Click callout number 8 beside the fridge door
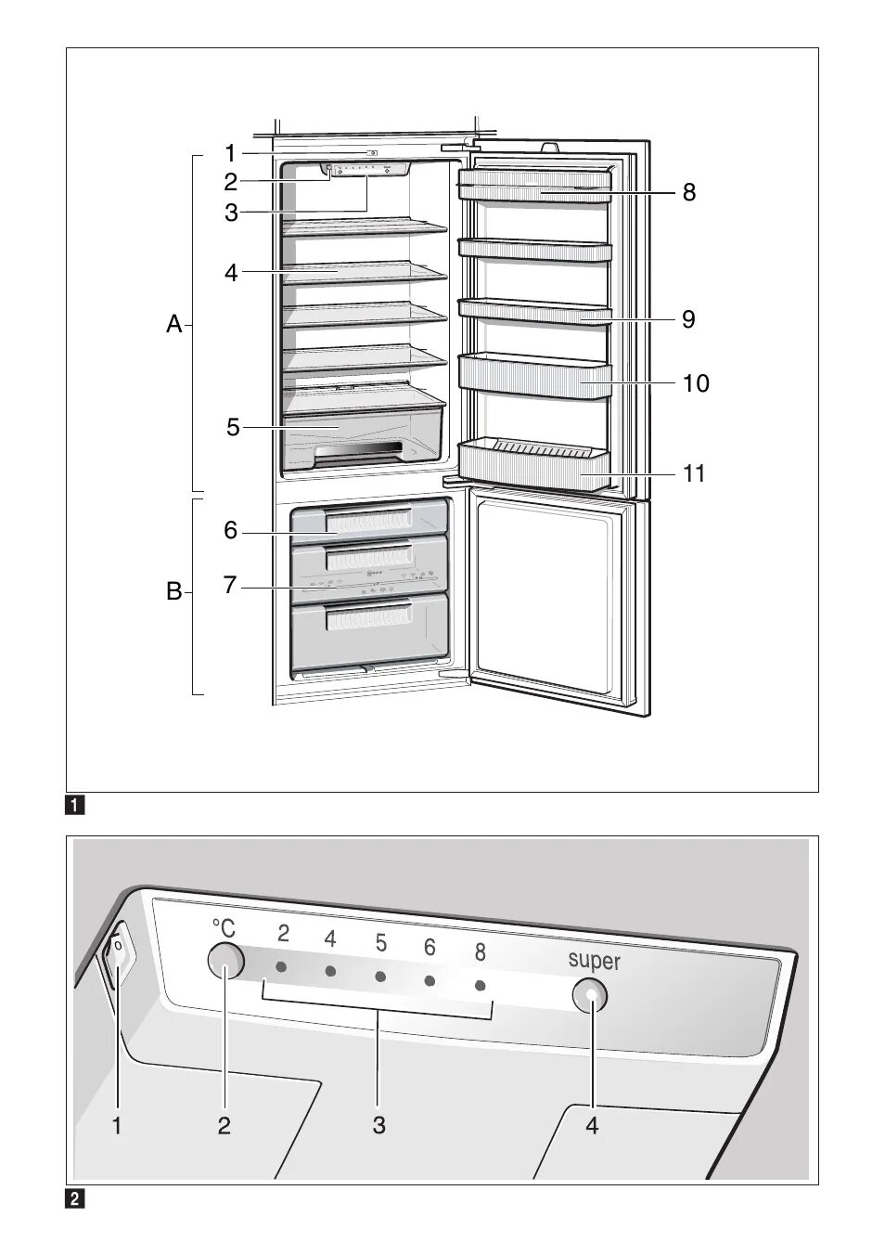(688, 192)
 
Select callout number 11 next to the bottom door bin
(694, 473)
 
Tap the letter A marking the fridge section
(173, 325)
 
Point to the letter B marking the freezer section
(173, 591)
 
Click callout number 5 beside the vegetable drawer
(233, 428)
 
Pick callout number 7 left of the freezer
(230, 586)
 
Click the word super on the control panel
(594, 961)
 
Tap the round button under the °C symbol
(225, 961)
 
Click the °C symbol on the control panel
(224, 927)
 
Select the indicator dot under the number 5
(380, 977)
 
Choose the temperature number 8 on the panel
(480, 951)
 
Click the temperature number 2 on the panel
(283, 934)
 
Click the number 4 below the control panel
(592, 1126)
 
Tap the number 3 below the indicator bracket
(378, 1126)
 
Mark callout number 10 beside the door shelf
(696, 382)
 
